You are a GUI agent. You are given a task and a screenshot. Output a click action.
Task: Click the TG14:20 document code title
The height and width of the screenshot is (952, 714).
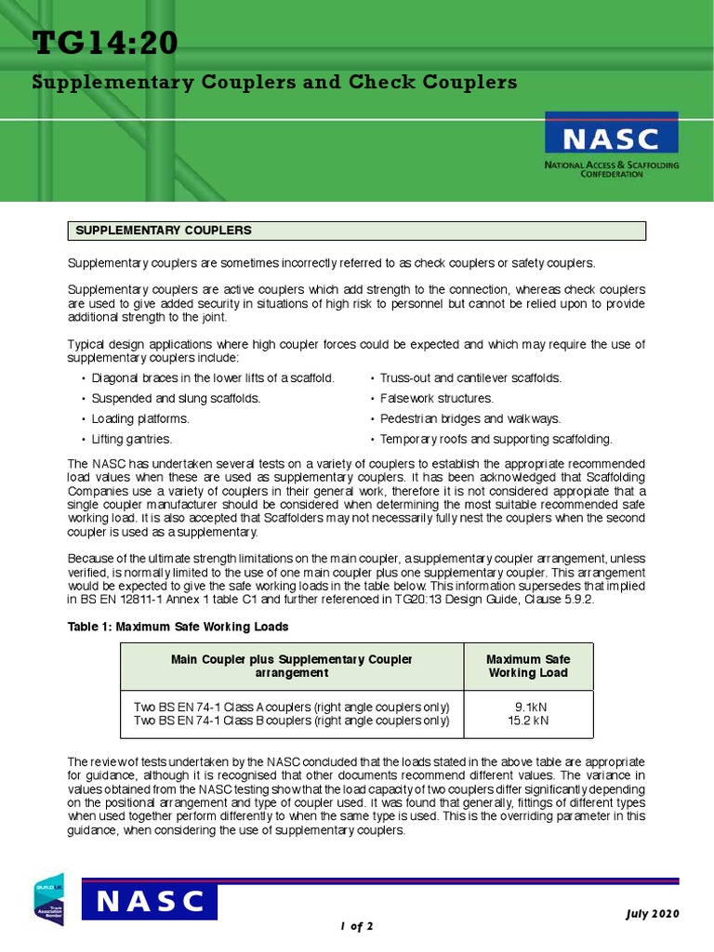point(104,43)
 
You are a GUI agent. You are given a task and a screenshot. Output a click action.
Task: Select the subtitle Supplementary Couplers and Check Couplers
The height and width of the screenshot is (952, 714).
point(274,82)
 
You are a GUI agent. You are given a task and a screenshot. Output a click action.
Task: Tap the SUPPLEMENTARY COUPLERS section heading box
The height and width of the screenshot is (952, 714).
point(356,231)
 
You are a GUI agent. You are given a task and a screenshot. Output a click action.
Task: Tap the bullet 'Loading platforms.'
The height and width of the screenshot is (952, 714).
point(139,418)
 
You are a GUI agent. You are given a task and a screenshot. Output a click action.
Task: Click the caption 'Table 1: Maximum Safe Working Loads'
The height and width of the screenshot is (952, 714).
point(178,627)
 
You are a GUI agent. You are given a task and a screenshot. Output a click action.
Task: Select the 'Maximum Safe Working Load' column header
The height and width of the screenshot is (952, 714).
point(527,666)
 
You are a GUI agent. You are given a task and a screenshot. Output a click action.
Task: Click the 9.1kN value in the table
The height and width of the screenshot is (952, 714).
point(527,706)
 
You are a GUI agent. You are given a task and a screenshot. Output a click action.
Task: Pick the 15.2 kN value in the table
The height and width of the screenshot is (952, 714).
point(527,720)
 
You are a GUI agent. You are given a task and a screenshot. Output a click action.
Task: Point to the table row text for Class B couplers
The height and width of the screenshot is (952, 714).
point(291,720)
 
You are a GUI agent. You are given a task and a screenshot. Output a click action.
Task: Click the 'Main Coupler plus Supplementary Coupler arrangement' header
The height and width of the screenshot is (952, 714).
point(292,666)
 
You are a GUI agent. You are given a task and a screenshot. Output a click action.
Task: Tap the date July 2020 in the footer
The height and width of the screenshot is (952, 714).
point(652,913)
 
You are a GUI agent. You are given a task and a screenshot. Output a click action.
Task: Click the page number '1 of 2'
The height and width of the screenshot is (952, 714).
point(356,926)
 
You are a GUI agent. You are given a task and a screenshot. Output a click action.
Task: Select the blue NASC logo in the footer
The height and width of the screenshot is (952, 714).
point(150,902)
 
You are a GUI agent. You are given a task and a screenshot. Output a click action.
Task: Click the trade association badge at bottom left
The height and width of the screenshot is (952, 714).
point(48,901)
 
